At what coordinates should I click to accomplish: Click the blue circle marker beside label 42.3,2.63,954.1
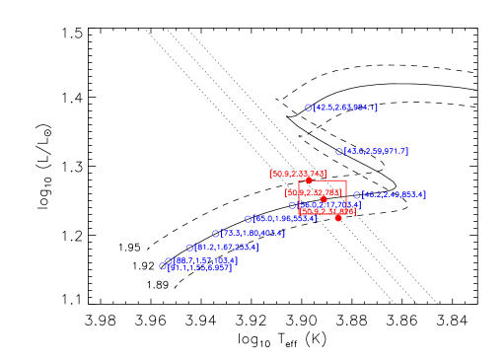tap(309, 108)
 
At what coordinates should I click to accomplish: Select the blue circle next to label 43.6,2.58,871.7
tap(339, 152)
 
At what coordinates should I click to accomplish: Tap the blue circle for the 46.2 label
tap(357, 195)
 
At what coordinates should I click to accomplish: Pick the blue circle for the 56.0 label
tap(293, 205)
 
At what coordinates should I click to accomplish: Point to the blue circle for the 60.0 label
tap(249, 219)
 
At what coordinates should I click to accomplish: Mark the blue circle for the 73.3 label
tap(215, 234)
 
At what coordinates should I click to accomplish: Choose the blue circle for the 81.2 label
tap(190, 248)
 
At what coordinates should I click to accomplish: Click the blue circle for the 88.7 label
tap(169, 261)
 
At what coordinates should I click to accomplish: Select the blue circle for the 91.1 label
tap(163, 266)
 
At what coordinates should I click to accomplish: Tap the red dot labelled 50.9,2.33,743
tap(309, 180)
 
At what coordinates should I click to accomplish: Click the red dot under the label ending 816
tap(338, 218)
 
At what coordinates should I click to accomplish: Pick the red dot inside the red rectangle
tap(324, 199)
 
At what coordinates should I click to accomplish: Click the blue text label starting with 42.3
tap(345, 108)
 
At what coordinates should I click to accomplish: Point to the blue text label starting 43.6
tap(376, 152)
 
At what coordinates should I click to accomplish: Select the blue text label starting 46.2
tap(395, 195)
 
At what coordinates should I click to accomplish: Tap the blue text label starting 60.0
tap(285, 219)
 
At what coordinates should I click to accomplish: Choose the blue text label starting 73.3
tap(252, 234)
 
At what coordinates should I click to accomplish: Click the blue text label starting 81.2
tap(227, 248)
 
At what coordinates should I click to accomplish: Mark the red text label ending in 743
tap(297, 174)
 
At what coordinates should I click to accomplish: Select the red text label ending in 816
tap(327, 211)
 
